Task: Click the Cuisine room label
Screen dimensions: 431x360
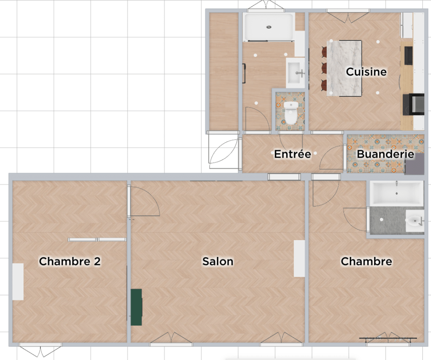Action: tap(366, 71)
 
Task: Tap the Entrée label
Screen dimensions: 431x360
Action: tap(293, 154)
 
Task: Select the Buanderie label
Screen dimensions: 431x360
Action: tap(386, 154)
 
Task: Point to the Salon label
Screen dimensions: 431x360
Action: tap(218, 261)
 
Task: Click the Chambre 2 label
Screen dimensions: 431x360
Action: tap(70, 261)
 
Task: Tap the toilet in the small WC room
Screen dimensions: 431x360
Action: tap(290, 113)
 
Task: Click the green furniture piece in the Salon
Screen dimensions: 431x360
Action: tap(136, 307)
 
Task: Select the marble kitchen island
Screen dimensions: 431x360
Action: tap(344, 68)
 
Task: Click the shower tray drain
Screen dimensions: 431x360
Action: tap(269, 27)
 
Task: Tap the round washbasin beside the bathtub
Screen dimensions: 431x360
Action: tap(415, 221)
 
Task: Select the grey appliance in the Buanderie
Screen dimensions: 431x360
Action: tap(415, 164)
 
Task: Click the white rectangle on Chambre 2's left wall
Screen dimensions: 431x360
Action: tap(18, 282)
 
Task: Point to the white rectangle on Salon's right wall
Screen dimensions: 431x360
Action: tap(299, 258)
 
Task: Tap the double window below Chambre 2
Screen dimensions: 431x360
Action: tap(41, 349)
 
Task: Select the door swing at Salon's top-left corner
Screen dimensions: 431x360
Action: tap(144, 201)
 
